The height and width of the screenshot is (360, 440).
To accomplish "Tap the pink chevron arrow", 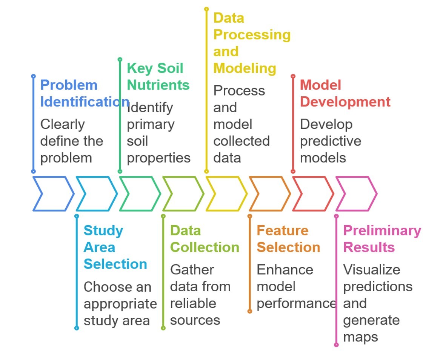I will pyautogui.click(x=355, y=193).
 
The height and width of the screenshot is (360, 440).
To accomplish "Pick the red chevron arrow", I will pyautogui.click(x=312, y=193).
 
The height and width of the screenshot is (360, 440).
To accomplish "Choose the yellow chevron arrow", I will pyautogui.click(x=226, y=193).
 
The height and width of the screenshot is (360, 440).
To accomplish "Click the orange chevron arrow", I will pyautogui.click(x=269, y=193).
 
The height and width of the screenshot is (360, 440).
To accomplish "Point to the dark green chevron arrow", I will pyautogui.click(x=139, y=193).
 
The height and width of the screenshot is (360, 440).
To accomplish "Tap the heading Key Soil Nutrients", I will pyautogui.click(x=158, y=77).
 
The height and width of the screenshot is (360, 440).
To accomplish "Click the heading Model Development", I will pyautogui.click(x=345, y=93).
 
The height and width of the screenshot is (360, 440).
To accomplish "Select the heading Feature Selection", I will pyautogui.click(x=288, y=239).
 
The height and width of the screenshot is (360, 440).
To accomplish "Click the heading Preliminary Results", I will pyautogui.click(x=382, y=239).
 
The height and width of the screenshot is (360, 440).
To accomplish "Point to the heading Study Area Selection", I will pyautogui.click(x=115, y=247).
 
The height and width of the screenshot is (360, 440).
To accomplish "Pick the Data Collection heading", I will pyautogui.click(x=205, y=239).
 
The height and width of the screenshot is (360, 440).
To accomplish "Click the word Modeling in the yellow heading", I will pyautogui.click(x=245, y=68).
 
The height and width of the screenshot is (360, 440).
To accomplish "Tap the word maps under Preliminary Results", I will pyautogui.click(x=360, y=337).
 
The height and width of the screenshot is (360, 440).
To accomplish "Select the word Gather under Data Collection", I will pyautogui.click(x=192, y=270).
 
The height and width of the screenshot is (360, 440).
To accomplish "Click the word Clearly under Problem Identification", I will pyautogui.click(x=62, y=124).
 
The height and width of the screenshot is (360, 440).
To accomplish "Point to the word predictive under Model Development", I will pyautogui.click(x=330, y=141).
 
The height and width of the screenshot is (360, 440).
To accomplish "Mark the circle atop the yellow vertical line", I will pyautogui.click(x=206, y=9).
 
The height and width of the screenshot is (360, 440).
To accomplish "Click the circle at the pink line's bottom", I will pyautogui.click(x=336, y=345).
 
